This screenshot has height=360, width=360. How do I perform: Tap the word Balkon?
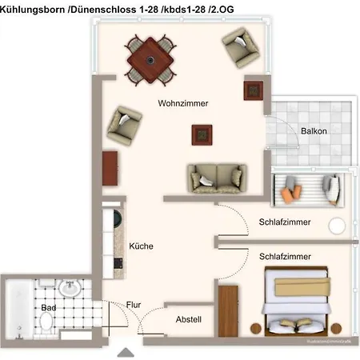click(313, 131)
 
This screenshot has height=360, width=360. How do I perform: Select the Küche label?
click(141, 246)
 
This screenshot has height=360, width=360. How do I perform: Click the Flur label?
click(134, 305)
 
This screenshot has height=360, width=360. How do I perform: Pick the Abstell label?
click(188, 320)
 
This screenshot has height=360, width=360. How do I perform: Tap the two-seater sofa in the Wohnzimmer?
click(215, 178)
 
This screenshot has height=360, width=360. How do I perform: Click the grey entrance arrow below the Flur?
click(126, 351)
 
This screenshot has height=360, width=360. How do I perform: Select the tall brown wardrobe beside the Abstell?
click(228, 310)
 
